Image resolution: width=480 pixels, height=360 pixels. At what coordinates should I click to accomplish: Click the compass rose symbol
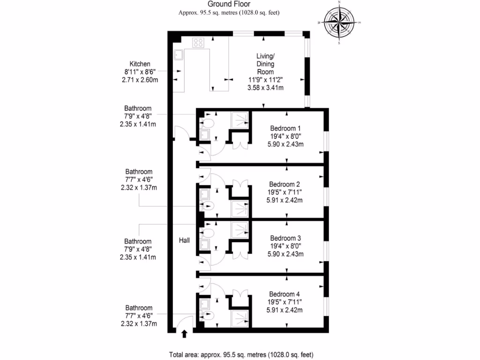[339, 23]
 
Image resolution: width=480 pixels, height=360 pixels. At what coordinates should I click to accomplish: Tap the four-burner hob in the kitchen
[198, 43]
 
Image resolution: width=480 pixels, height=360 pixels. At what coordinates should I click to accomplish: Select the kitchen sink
[179, 55]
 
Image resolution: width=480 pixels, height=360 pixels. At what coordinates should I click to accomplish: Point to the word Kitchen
[140, 64]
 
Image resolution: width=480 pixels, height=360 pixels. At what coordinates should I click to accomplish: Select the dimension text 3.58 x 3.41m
[266, 88]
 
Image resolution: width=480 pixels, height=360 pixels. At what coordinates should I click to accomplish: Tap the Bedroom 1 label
[285, 128]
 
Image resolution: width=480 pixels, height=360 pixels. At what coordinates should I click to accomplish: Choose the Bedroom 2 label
[285, 184]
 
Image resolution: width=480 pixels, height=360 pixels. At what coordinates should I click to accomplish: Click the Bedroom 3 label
[285, 238]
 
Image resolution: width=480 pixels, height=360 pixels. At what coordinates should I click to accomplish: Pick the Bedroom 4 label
[285, 294]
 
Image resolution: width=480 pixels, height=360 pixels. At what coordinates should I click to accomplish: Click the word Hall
[184, 240]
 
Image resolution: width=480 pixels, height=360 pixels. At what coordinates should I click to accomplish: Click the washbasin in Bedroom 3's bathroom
[205, 244]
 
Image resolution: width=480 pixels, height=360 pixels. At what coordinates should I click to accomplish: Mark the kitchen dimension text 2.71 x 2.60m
[140, 80]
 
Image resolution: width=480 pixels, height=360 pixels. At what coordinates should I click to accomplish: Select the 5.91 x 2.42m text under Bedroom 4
[285, 310]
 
